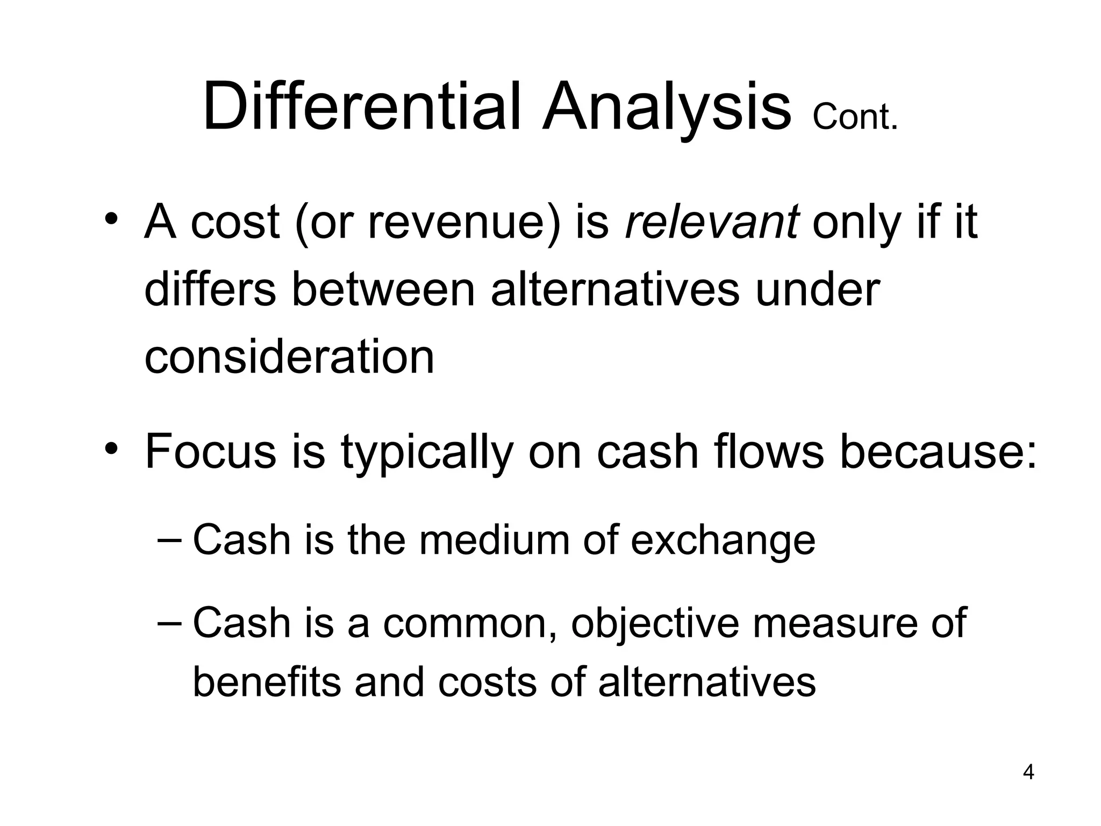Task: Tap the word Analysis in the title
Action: click(x=667, y=108)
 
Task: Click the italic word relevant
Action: click(x=712, y=222)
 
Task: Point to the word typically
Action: click(x=427, y=452)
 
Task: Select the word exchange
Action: click(x=723, y=540)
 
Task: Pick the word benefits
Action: click(x=267, y=682)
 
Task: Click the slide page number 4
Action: click(x=1028, y=787)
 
